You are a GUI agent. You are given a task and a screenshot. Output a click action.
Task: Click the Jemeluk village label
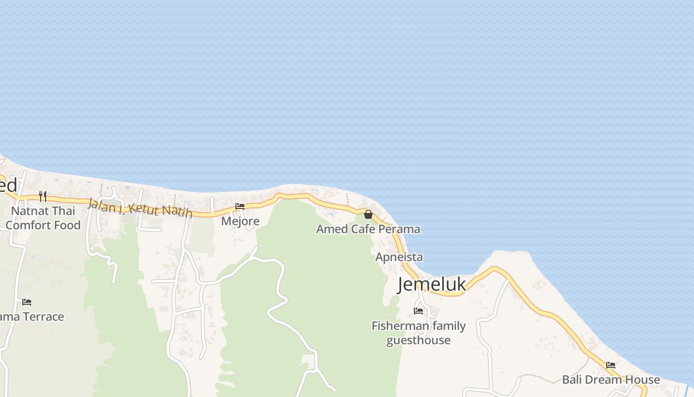pos(432,284)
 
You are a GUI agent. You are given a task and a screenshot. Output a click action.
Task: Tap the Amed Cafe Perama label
pos(368,229)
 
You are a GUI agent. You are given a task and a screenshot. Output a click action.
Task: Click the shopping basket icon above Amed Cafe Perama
pos(368,214)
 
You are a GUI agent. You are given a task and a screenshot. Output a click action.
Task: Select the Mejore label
pos(240,221)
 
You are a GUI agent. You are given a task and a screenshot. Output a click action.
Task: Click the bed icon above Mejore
pos(240,206)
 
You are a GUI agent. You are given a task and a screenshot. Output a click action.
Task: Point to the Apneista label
pos(399,257)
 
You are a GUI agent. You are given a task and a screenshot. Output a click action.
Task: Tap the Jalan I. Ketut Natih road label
pos(140,207)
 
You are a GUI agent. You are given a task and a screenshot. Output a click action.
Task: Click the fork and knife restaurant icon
pos(43,197)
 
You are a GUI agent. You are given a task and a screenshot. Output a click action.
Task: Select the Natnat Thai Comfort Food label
pos(43,218)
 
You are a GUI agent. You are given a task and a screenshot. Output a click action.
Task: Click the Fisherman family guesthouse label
pos(419,333)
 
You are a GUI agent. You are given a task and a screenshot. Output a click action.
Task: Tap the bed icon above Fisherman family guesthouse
pos(418,311)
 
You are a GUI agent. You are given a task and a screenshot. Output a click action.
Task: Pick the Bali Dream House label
pos(611,380)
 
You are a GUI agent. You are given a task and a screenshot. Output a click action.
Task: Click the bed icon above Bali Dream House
pos(611,365)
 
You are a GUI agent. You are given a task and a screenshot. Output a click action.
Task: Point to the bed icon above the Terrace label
pos(27,302)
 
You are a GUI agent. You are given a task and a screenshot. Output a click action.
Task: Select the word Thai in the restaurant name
pos(64,211)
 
